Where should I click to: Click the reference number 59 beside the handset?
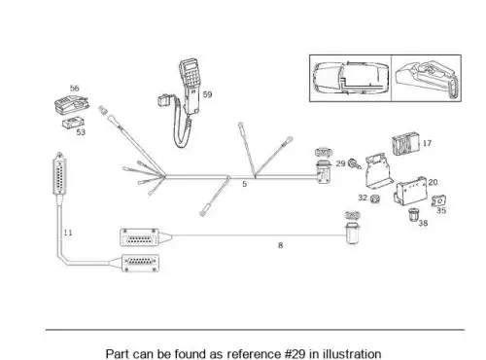207,94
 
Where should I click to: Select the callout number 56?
75,89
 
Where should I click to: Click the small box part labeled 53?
73,124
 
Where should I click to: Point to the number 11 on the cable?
68,233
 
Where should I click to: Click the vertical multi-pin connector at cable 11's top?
60,174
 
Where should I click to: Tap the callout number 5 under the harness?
245,184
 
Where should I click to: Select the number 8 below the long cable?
281,245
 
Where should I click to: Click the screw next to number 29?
354,163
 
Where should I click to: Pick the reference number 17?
427,143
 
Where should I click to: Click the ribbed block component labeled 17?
405,143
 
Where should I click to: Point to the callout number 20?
433,182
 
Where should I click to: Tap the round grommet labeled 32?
375,198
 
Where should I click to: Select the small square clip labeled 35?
438,201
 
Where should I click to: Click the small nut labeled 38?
413,215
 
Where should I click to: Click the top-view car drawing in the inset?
351,78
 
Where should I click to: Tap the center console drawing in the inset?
427,78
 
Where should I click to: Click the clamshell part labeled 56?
72,104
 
